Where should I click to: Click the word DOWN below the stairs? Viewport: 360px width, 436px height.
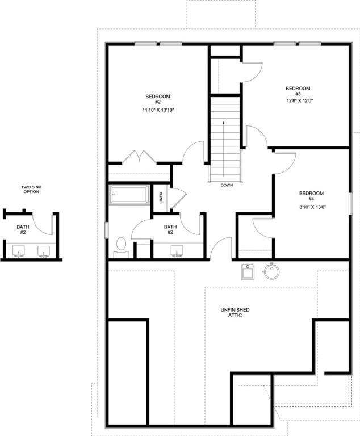[227, 185]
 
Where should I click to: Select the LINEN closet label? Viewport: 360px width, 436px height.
[161, 198]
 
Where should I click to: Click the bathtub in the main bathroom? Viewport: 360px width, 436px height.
[129, 195]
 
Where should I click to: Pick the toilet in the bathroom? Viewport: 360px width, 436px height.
[120, 245]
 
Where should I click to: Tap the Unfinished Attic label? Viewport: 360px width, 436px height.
[235, 312]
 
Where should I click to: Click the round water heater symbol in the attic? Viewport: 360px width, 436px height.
[273, 272]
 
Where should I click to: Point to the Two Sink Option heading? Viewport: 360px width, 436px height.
[31, 190]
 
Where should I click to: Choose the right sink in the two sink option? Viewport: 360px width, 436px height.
[43, 250]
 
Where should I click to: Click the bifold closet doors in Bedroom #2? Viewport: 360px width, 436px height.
[139, 156]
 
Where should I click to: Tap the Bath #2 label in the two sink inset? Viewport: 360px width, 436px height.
[23, 229]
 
